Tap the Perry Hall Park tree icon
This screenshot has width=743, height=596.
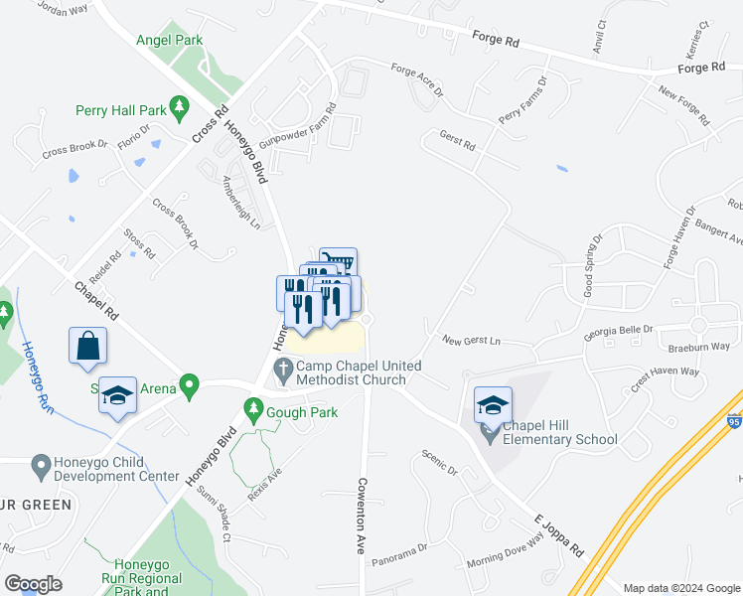coord(179,104)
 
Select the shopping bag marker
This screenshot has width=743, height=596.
coord(87,346)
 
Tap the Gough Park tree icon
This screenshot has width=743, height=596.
coord(253,408)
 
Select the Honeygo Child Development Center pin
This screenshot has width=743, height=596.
coord(40,464)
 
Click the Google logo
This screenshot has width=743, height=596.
coord(34,584)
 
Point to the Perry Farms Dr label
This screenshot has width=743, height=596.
coord(523,101)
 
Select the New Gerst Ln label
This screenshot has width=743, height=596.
coord(472,341)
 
